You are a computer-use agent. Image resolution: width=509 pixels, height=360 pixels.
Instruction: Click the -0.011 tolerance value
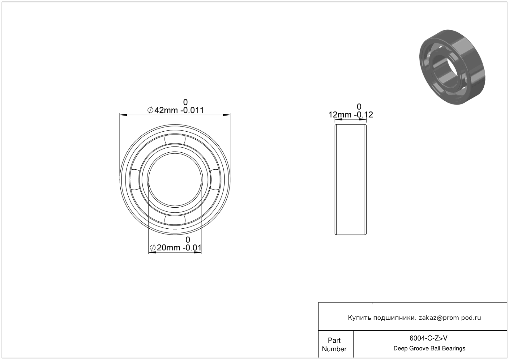coord(192,110)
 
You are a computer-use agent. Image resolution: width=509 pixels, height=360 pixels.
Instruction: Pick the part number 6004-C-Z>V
coord(428,338)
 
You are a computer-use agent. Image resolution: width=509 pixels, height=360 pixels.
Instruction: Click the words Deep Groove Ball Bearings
coord(429,349)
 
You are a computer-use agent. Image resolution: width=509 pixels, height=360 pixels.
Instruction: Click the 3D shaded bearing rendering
coord(452,67)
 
